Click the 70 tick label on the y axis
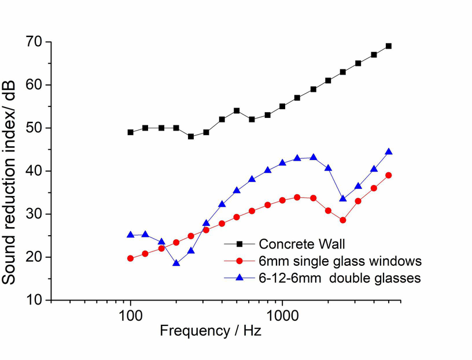point(34,42)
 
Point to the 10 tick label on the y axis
point(34,300)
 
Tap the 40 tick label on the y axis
point(34,171)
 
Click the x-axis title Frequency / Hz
point(211,331)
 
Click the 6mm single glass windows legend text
point(340,261)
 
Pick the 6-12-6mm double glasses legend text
point(340,278)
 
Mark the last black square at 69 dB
point(389,46)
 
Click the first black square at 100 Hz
point(131,132)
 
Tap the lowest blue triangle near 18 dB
point(176,263)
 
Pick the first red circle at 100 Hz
point(131,258)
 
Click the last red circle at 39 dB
point(389,175)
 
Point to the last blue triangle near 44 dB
point(389,152)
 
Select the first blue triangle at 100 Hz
point(131,235)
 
